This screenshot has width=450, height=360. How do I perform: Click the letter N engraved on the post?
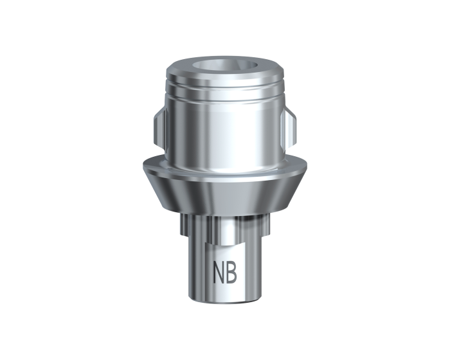click(x=218, y=271)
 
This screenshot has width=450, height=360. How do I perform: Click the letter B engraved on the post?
click(x=231, y=271)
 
